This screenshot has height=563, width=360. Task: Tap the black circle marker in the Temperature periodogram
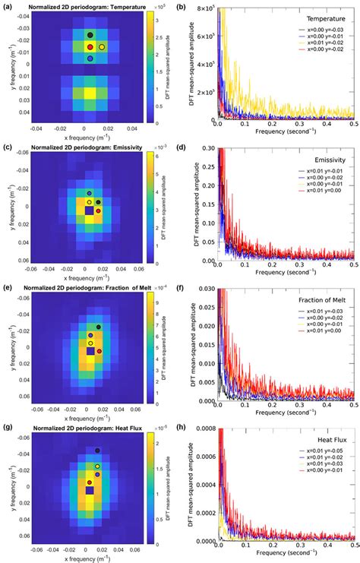(x=90, y=35)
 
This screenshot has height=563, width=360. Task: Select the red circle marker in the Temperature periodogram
(x=90, y=47)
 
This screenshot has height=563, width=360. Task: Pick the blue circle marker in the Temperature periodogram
(x=90, y=59)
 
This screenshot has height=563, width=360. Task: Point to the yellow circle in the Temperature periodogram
(x=102, y=47)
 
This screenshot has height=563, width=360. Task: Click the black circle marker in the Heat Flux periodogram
(x=97, y=452)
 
